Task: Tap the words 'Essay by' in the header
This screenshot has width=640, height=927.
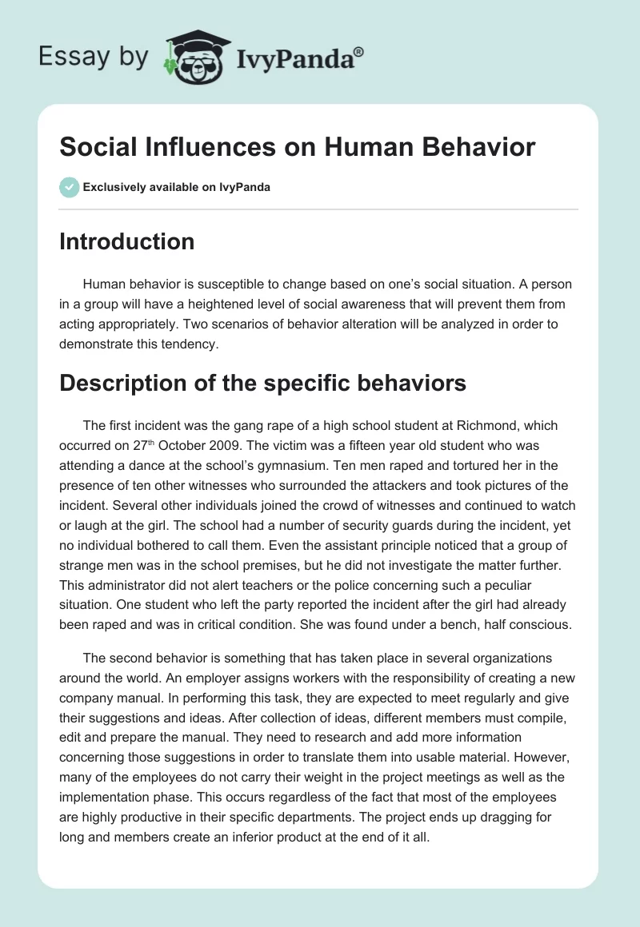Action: tap(93, 58)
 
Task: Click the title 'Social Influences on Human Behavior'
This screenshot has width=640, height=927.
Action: tap(297, 148)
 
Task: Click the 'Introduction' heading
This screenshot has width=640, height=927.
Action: tap(126, 241)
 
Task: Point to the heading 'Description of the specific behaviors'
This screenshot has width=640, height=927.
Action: tap(262, 383)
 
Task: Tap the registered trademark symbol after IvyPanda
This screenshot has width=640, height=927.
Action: tap(360, 51)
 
